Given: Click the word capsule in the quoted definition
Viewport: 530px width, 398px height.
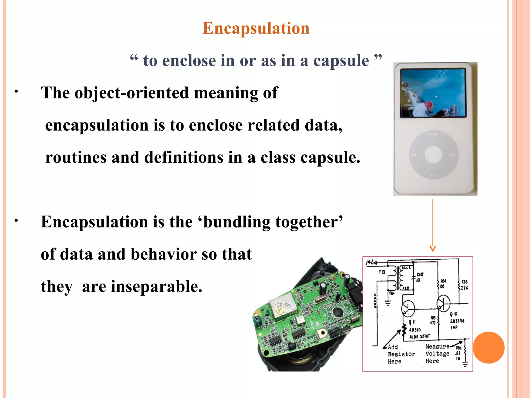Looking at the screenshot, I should [341, 61].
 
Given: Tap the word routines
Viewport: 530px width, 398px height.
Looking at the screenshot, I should [76, 158].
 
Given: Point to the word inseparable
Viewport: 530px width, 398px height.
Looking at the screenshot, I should [156, 287].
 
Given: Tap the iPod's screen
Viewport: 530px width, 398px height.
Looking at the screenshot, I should [433, 93].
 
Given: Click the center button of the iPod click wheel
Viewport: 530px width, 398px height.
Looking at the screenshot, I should [433, 155].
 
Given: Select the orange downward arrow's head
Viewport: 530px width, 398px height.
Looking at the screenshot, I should [433, 249].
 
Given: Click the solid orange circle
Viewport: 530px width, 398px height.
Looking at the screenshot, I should [489, 347].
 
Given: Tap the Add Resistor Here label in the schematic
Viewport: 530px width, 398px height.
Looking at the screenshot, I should [401, 354].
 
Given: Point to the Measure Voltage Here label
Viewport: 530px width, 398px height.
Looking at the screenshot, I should [437, 354].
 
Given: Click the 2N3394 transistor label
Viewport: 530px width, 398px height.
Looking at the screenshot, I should [457, 321].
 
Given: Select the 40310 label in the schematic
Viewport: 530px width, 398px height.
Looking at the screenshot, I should [415, 330].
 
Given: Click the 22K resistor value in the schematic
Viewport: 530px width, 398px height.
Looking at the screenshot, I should [465, 288].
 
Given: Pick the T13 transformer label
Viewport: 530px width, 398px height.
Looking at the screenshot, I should [382, 272].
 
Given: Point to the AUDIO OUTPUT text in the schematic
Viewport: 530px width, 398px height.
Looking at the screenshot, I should [419, 337].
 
